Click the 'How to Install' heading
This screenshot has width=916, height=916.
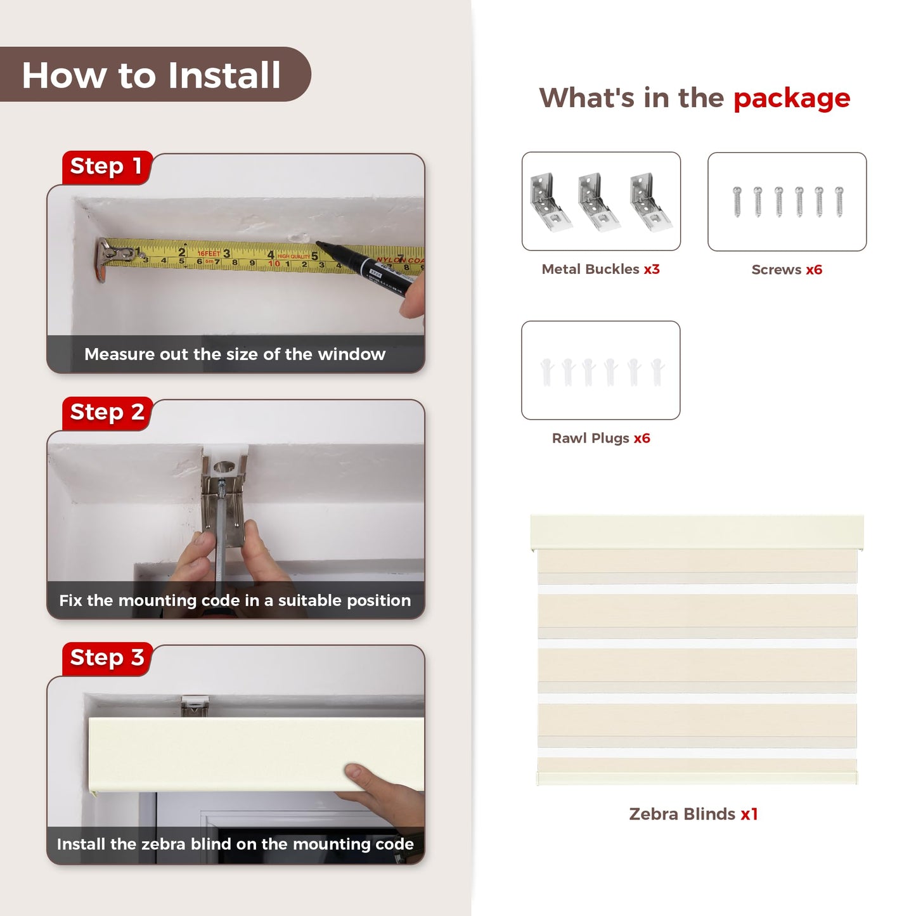(151, 75)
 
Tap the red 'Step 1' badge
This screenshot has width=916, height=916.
(106, 167)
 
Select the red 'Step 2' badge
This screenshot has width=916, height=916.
(107, 413)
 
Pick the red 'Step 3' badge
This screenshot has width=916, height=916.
(107, 659)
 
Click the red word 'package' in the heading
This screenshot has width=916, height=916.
(792, 100)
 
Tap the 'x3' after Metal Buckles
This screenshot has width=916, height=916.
(652, 269)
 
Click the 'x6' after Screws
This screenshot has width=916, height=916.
(814, 269)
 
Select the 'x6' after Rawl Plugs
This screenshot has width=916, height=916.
(642, 438)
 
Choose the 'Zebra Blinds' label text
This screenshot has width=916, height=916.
(682, 814)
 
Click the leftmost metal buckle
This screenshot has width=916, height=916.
(550, 202)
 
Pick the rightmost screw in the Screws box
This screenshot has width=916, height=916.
(839, 202)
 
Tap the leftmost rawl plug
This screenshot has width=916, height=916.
(547, 371)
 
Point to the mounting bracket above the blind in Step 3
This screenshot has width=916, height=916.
(195, 706)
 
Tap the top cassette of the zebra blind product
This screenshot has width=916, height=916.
(697, 532)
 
